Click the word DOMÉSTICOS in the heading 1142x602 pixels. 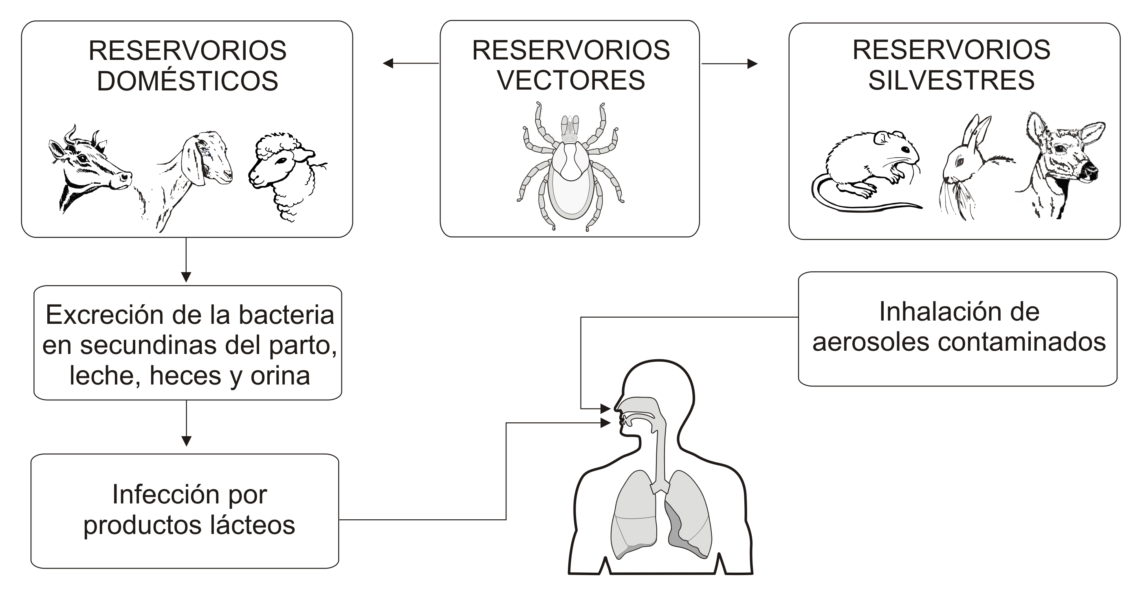click(x=187, y=81)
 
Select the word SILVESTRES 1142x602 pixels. click(x=951, y=80)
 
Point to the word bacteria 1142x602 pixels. click(x=286, y=315)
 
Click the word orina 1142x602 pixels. click(x=280, y=376)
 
